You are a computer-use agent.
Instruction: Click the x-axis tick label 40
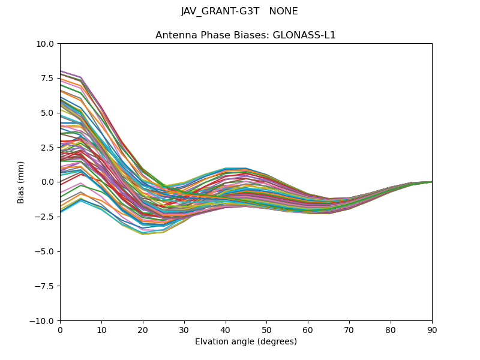226,329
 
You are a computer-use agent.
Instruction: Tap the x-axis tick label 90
432,329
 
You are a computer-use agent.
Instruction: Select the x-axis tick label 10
101,329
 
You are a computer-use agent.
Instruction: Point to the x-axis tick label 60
308,329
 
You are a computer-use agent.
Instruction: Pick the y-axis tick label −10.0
42,321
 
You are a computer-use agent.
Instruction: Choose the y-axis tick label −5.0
44,251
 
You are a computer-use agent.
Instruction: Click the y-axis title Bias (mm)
21,182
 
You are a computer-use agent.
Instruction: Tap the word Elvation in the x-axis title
211,342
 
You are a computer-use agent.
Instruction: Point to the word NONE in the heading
284,11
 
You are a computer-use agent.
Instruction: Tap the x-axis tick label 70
349,329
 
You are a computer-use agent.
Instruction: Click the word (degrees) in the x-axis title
275,342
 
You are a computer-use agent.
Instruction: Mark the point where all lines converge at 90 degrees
431,181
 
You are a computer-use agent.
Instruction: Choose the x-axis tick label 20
143,329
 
